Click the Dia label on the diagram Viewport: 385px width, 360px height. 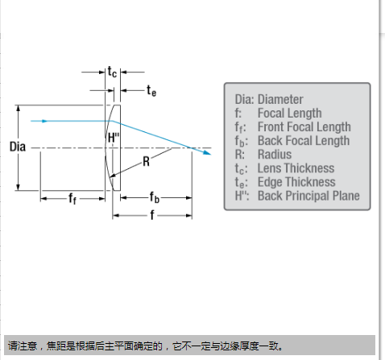(18, 147)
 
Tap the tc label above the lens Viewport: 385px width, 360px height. (112, 72)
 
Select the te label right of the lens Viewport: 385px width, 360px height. (151, 90)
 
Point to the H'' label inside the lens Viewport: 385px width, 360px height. (114, 138)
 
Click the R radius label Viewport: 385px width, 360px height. (146, 162)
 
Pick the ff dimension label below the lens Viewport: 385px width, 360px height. (72, 199)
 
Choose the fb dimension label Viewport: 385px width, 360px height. (155, 197)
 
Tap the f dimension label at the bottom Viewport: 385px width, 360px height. (152, 215)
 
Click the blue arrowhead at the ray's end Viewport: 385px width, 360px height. (207, 153)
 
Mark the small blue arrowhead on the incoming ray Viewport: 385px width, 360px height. (44, 121)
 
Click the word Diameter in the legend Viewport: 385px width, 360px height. (280, 100)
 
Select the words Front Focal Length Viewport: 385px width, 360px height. (304, 127)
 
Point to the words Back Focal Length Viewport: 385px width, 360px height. (304, 141)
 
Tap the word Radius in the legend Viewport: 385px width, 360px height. (275, 155)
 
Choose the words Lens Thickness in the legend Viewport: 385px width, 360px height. (296, 168)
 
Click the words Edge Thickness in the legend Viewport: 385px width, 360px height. (296, 182)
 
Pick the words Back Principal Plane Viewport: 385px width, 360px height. (308, 196)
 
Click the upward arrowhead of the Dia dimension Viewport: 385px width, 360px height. (19, 108)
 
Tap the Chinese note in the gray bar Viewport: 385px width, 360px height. (145, 346)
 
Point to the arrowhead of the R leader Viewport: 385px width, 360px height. (112, 176)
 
